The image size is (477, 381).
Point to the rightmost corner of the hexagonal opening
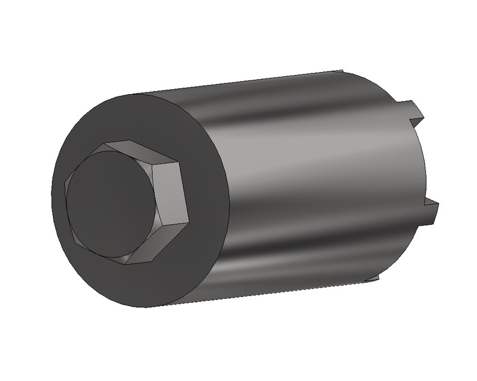click(189, 221)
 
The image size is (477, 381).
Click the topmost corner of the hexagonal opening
click(108, 143)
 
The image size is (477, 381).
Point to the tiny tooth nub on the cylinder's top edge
click(343, 72)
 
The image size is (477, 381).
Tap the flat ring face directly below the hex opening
click(149, 286)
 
